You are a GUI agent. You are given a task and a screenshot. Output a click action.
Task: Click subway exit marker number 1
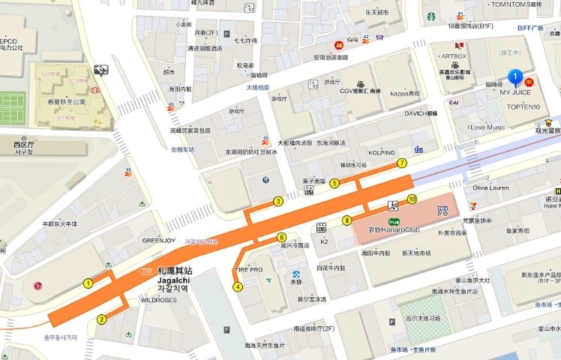tap(88, 283)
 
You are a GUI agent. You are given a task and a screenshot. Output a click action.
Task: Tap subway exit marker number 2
tap(101, 319)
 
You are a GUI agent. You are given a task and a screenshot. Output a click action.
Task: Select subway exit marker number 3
tap(278, 201)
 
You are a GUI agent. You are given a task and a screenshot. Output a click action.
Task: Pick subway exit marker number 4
tap(238, 286)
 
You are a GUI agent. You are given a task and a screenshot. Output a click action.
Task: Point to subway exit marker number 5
tap(334, 183)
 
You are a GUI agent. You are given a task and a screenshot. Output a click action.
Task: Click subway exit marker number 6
tap(282, 237)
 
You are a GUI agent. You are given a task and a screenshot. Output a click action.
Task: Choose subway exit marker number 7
tap(402, 163)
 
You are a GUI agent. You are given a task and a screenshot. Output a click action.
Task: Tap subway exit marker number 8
tap(346, 220)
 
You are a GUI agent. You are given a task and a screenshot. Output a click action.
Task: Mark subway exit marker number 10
tap(412, 199)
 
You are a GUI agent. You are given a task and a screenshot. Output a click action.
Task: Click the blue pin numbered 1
tap(515, 76)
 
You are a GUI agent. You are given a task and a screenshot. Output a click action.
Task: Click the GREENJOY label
tap(159, 241)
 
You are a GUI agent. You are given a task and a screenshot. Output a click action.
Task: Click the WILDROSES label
tap(158, 300)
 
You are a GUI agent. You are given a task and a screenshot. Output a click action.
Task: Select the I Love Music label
tap(486, 127)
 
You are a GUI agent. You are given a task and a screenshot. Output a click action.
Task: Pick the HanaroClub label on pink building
tap(386, 229)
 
